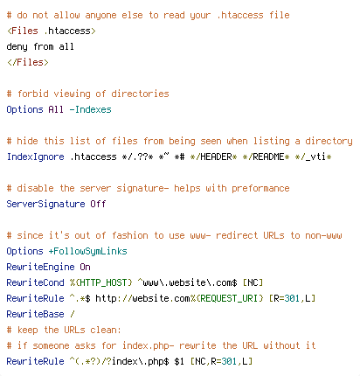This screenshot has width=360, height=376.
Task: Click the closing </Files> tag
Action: [28, 62]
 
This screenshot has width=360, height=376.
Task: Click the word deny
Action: [17, 47]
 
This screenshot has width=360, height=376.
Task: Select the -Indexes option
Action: [90, 109]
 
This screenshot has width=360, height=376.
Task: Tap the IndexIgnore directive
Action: [35, 157]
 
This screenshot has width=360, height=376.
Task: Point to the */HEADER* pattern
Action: [213, 157]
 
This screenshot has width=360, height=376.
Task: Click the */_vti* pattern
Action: [313, 157]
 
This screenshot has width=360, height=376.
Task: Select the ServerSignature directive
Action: [45, 204]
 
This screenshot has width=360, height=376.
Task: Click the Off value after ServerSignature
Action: [98, 204]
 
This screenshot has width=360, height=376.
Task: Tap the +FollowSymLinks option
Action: [87, 251]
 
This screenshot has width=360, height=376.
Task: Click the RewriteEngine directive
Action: [40, 267]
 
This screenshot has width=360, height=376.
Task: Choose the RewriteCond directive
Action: [35, 282]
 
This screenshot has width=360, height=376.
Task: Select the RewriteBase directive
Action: [35, 314]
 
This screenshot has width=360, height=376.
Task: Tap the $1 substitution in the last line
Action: [179, 361]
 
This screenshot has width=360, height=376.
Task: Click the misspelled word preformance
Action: [260, 188]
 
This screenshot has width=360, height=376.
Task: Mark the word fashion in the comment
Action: [129, 235]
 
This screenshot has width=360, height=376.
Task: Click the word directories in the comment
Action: [140, 94]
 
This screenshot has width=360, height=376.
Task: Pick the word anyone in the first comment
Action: [100, 16]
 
